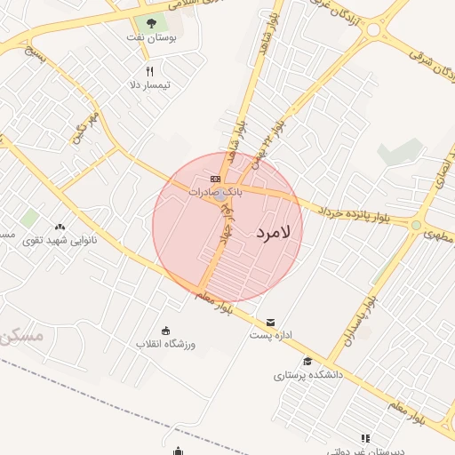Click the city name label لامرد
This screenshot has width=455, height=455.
tap(278, 233)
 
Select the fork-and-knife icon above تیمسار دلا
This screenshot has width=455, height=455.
tap(149, 71)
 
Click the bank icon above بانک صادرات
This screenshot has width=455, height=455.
tap(215, 178)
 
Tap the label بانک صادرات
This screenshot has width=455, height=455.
tap(215, 191)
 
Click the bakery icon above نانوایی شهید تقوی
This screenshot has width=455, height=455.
tap(60, 227)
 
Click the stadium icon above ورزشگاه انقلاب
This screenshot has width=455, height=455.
tap(165, 331)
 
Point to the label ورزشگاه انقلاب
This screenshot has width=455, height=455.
tap(165, 344)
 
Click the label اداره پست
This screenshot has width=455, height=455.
tap(267, 336)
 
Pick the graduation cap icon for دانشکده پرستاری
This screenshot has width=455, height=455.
tap(307, 361)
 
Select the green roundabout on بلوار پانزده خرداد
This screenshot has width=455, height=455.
tap(415, 226)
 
